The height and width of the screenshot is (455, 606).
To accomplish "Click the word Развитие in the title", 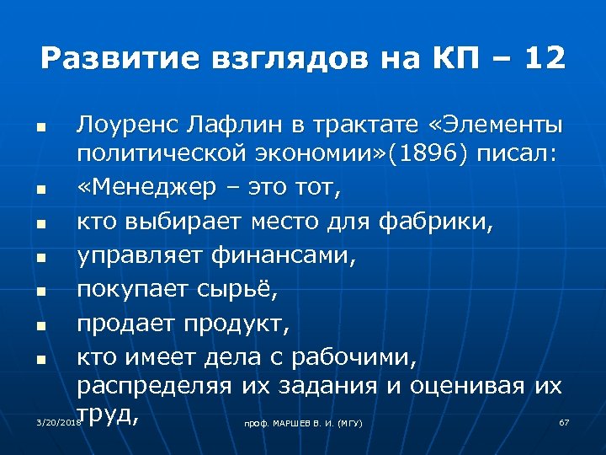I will [x=111, y=59].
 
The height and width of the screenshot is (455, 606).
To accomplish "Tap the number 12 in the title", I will [x=542, y=59].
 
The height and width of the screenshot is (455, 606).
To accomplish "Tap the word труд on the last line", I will [x=107, y=414].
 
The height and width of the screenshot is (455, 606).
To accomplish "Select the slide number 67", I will [x=565, y=420].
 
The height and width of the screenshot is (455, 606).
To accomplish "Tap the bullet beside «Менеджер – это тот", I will [x=40, y=191].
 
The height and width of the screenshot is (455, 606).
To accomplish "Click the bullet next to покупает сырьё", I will [x=40, y=293].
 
